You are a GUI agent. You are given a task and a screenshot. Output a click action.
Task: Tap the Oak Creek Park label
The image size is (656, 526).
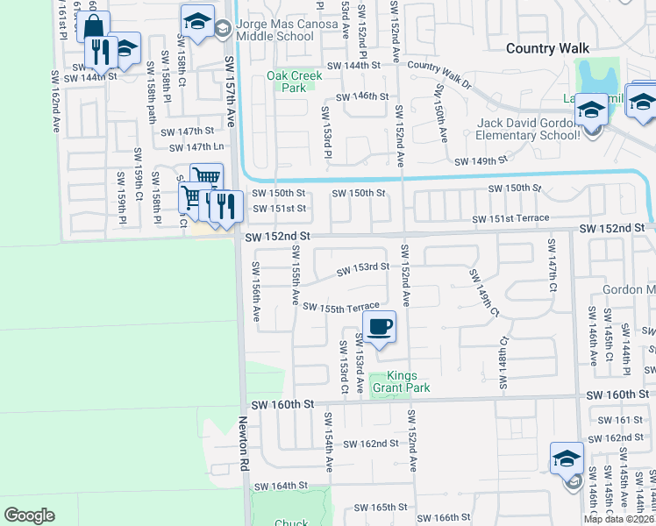pyautogui.click(x=295, y=82)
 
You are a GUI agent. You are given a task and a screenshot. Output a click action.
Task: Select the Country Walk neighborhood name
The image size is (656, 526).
pyautogui.click(x=548, y=48)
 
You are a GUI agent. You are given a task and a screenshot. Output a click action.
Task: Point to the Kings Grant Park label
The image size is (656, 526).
pyautogui.click(x=409, y=381)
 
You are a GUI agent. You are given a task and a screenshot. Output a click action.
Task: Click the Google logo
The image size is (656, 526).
pyautogui.click(x=29, y=515)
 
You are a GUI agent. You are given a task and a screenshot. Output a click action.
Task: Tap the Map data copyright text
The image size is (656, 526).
pyautogui.click(x=619, y=519)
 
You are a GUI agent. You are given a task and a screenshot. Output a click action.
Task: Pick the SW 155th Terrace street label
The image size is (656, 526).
pyautogui.click(x=341, y=307)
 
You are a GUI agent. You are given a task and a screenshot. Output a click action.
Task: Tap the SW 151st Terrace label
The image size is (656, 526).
pyautogui.click(x=510, y=218)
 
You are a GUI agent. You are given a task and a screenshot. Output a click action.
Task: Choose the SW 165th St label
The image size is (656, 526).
pyautogui.click(x=381, y=507)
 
